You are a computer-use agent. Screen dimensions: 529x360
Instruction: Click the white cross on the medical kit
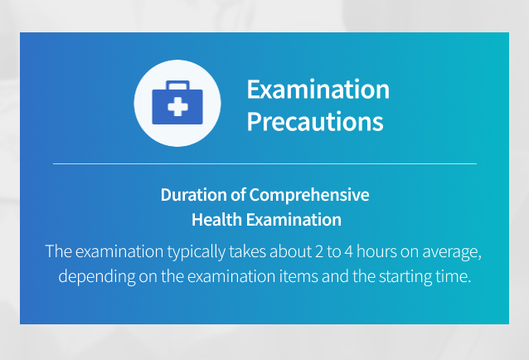(177, 107)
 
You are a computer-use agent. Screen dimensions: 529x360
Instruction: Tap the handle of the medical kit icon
(177, 85)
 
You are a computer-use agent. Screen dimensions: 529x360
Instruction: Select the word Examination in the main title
(318, 90)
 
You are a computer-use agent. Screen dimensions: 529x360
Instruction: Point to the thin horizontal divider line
(264, 163)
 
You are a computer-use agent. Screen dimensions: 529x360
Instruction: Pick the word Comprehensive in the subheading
(309, 196)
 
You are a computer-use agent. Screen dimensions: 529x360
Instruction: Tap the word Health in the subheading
(216, 220)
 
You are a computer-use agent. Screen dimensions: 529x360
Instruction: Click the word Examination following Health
(294, 220)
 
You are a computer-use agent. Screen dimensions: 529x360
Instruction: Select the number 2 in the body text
(319, 251)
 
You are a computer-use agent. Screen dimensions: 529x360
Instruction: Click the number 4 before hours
(348, 251)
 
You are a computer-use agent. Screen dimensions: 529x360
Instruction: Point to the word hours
(376, 251)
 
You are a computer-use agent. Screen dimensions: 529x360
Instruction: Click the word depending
(97, 277)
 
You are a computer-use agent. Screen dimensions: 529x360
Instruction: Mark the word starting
(405, 278)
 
